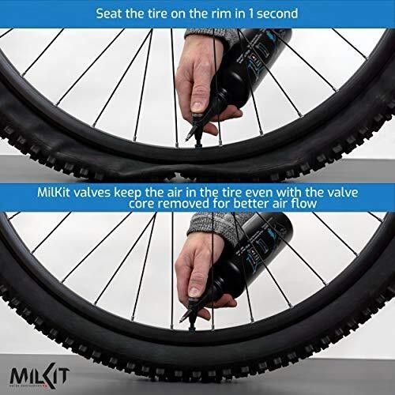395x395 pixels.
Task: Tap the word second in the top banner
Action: [x=272, y=13]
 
